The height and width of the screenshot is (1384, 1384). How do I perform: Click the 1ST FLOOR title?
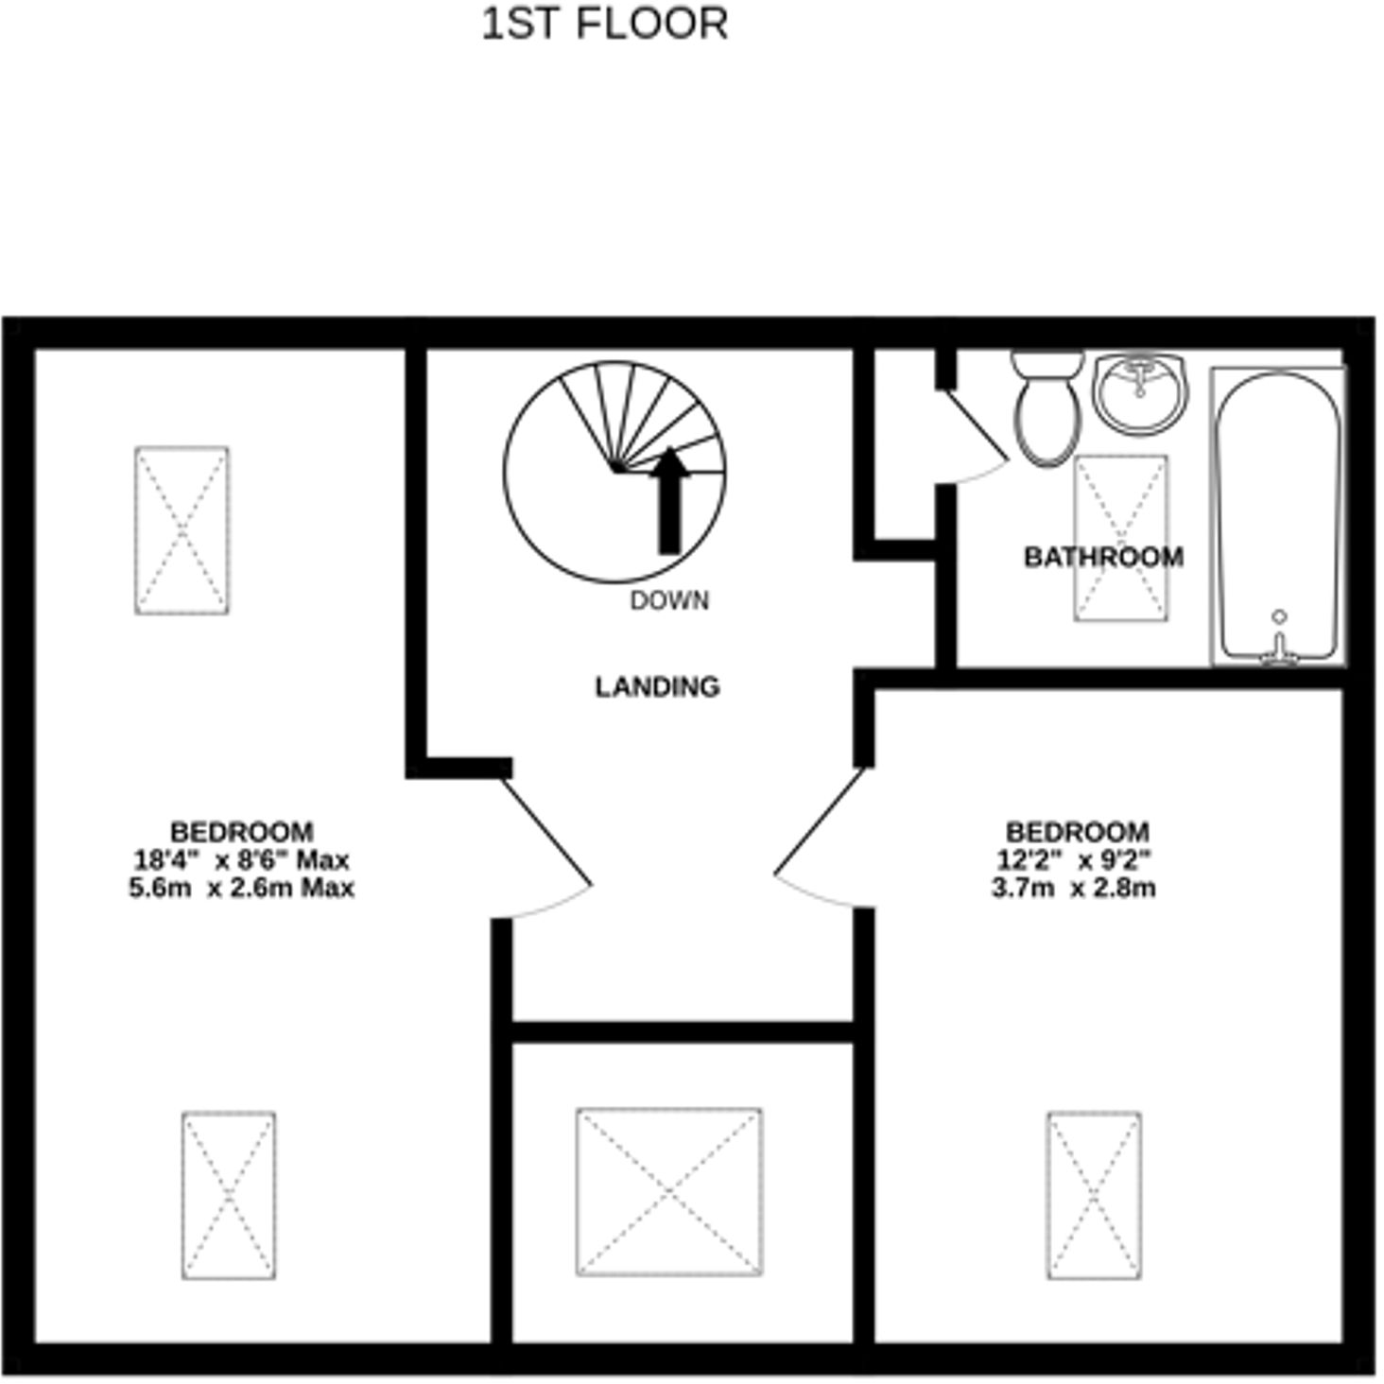(605, 25)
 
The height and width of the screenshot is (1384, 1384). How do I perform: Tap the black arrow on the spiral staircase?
(669, 501)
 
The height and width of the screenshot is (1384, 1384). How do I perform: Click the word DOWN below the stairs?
(669, 601)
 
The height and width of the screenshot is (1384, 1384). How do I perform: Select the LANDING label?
(657, 686)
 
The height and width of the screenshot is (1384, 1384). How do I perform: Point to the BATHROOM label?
(1103, 557)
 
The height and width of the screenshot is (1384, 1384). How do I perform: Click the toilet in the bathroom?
(1047, 408)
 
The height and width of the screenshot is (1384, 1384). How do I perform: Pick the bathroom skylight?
(1120, 538)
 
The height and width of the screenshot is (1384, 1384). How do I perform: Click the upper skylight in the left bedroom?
(182, 530)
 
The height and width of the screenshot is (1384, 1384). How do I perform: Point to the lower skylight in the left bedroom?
(229, 1195)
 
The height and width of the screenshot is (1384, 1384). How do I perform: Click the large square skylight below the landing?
(669, 1191)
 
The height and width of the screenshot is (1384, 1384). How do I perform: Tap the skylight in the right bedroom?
(1094, 1195)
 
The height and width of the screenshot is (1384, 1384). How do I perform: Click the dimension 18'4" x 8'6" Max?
(241, 860)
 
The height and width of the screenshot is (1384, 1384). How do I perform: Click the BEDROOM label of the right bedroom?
(1077, 832)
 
